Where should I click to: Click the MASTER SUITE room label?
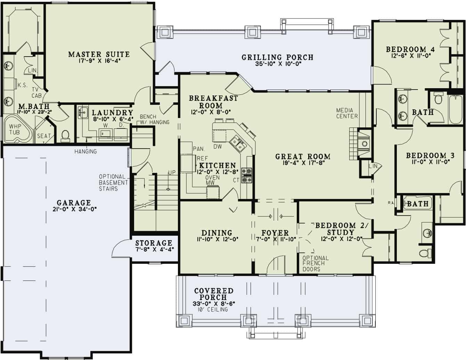click(x=99, y=55)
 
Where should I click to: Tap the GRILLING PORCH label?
click(x=277, y=57)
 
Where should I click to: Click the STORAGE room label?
click(x=154, y=243)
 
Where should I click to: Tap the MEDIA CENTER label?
click(x=346, y=113)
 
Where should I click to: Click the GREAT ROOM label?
click(x=302, y=157)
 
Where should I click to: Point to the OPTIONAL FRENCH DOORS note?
click(x=315, y=263)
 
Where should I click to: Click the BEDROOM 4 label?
click(x=410, y=50)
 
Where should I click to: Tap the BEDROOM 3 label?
click(x=430, y=156)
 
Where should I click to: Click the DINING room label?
click(x=216, y=233)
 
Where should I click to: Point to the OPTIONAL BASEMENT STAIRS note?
click(x=113, y=183)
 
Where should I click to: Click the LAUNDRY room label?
click(x=112, y=113)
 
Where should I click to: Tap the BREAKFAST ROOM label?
click(x=213, y=102)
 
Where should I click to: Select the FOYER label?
click(x=275, y=233)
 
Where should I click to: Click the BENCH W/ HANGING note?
click(x=154, y=119)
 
